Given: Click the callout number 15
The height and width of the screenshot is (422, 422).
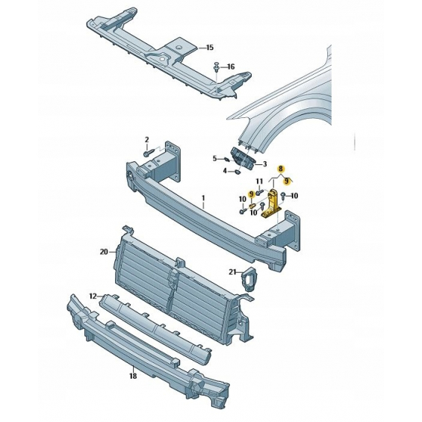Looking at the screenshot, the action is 210,48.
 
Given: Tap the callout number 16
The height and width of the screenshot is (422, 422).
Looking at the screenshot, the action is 231,66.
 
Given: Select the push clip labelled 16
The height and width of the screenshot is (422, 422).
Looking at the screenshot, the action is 217,66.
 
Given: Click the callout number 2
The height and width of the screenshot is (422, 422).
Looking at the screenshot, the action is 146,140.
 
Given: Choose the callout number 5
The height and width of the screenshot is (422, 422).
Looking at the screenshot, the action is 215,158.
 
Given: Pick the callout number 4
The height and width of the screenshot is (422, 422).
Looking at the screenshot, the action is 225,170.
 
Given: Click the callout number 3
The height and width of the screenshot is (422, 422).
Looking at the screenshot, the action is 265,164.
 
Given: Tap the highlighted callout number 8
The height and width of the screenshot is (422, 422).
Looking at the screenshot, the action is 281,169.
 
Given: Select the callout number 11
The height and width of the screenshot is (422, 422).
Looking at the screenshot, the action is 259,181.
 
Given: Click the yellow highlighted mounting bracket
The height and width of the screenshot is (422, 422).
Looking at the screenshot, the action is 272,203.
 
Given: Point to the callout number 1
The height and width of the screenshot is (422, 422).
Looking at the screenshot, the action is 203,198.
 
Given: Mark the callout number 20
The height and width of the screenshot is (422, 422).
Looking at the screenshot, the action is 104,252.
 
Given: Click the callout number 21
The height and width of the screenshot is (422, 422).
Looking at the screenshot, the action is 232,272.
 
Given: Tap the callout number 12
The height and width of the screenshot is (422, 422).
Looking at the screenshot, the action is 93,297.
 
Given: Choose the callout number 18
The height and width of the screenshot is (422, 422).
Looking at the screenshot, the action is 133,376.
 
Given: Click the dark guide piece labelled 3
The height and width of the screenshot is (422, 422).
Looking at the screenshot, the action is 243,158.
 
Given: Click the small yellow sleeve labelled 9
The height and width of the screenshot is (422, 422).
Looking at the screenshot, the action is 252,206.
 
